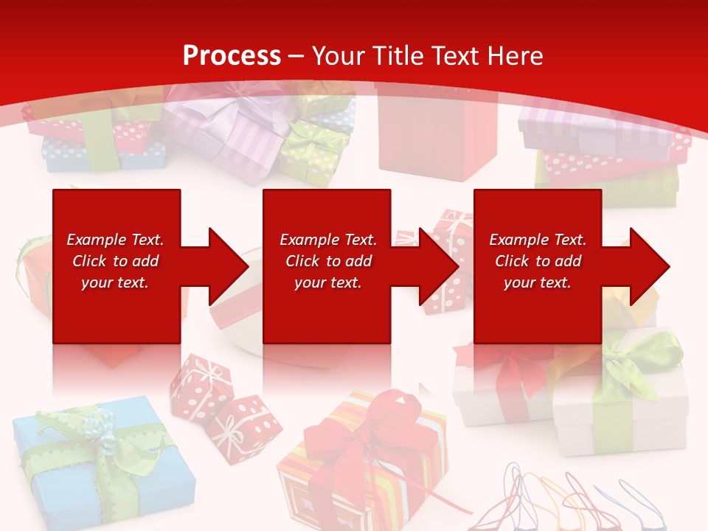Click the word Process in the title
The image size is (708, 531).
coord(232,55)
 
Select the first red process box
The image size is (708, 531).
coord(117,221)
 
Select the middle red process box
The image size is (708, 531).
coord(327,221)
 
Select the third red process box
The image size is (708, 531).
coord(538,221)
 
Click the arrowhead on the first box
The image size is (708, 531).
coord(225,266)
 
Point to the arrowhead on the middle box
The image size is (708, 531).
coord(436,266)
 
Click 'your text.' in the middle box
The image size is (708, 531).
coord(327,282)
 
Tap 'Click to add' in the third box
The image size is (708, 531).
coord(538,261)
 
